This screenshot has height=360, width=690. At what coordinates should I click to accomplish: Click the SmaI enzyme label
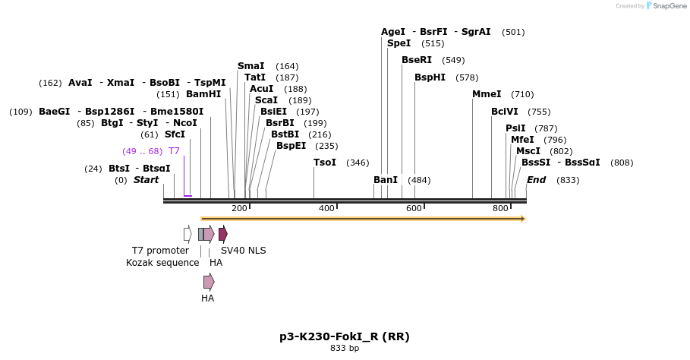tap(251, 66)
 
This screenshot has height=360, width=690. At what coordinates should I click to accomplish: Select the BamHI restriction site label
tap(203, 94)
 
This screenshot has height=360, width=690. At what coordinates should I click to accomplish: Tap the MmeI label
tap(487, 94)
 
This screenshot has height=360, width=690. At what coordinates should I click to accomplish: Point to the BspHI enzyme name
tap(430, 77)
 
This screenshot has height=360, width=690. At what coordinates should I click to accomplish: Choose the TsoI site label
tap(325, 163)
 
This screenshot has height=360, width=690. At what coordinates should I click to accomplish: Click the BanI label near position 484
tap(386, 180)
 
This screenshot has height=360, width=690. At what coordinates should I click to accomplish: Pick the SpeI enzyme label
tap(399, 43)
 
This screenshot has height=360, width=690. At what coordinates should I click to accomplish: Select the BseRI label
tap(417, 60)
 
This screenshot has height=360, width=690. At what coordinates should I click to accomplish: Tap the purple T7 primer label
tap(174, 151)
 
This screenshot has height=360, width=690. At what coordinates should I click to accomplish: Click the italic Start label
tap(147, 180)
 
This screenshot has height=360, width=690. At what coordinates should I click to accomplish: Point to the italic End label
tap(536, 180)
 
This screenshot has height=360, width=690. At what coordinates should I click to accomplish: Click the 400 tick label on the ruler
tap(326, 208)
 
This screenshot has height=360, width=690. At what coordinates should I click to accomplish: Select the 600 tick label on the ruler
tap(414, 208)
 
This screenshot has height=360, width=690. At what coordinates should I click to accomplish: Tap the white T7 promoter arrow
tap(187, 234)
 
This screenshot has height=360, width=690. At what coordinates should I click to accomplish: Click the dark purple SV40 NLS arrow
tap(223, 234)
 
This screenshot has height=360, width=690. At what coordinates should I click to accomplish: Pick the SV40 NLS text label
tap(243, 251)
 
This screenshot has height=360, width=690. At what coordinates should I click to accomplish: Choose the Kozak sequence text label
tap(162, 263)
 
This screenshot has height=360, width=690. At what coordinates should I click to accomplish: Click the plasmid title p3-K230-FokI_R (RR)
tap(345, 336)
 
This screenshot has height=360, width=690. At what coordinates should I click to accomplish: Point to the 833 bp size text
tap(345, 349)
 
